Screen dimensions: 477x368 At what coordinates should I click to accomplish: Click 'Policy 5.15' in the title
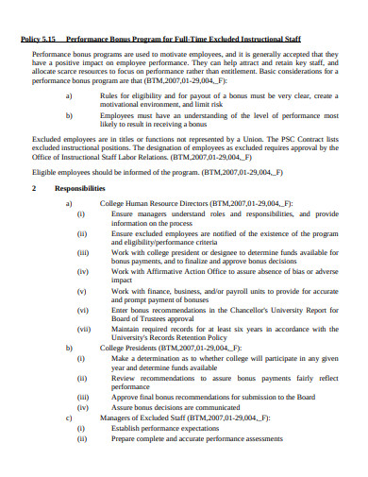39,39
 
